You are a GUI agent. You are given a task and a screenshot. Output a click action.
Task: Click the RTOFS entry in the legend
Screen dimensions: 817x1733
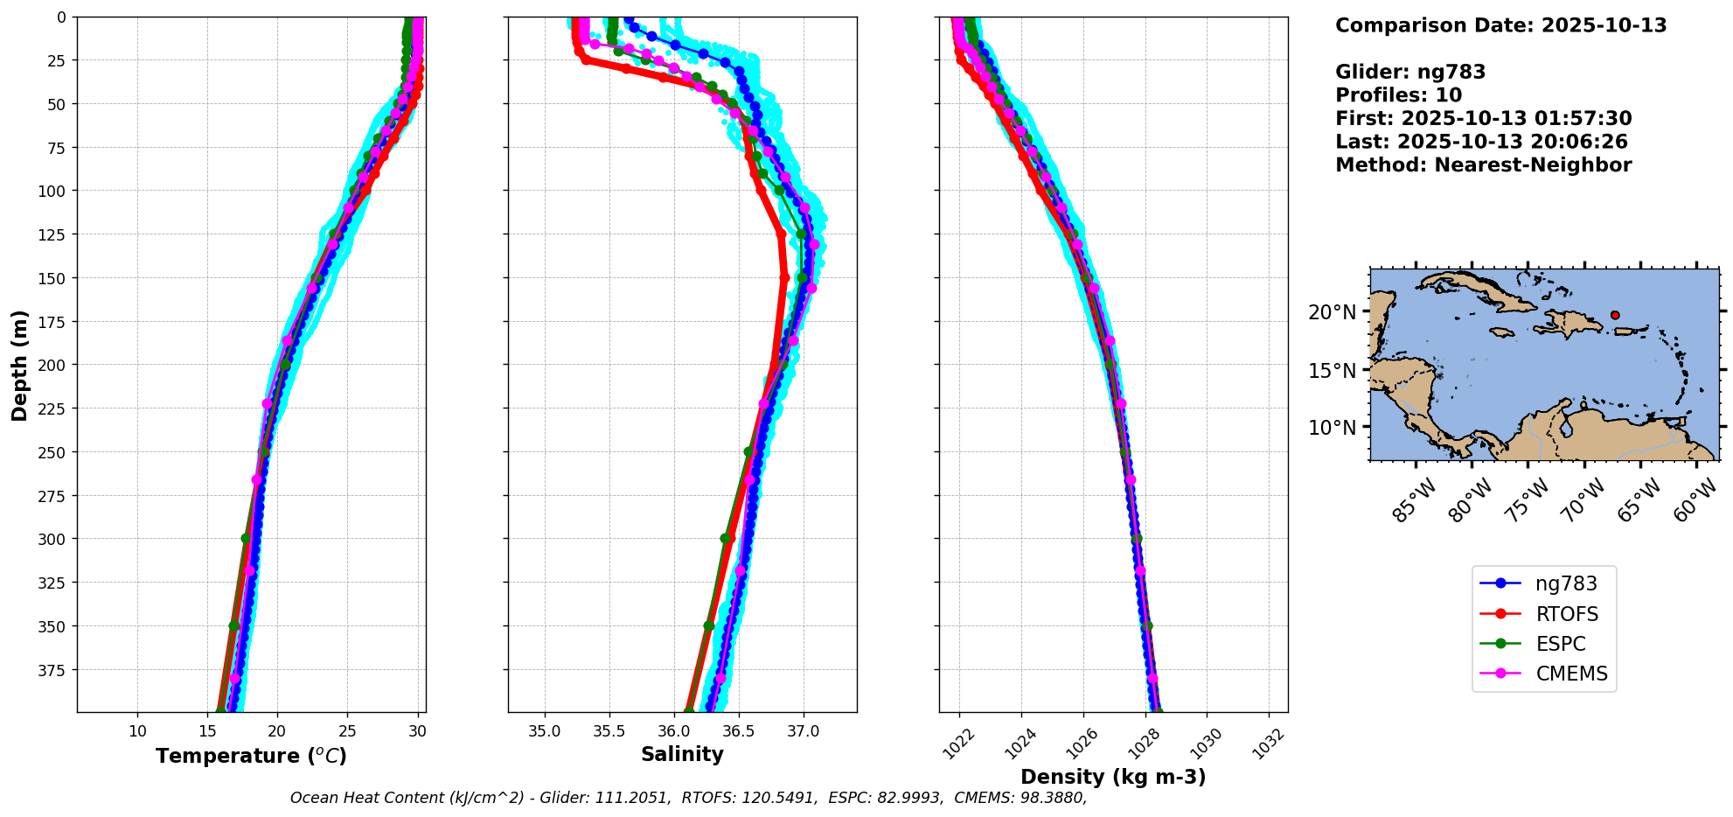point(1566,614)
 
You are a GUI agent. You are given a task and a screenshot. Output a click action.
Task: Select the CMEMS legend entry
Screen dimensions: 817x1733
point(1571,674)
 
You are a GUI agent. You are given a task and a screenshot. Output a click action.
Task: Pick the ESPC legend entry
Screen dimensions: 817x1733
point(1560,644)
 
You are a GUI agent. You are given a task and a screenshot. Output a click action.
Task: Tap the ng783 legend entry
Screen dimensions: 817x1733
point(1565,584)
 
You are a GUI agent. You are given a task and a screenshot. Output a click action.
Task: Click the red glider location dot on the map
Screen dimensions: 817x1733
point(1615,315)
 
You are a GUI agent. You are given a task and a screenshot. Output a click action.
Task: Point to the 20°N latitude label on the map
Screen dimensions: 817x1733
point(1333,312)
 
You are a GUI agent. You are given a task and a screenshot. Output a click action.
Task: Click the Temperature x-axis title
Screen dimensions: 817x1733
point(251,756)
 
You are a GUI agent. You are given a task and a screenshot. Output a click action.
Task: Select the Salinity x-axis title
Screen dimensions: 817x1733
point(682,754)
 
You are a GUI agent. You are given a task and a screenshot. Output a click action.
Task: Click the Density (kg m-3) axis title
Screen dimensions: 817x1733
point(1113,777)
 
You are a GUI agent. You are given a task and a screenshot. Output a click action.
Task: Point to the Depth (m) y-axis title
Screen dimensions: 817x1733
point(20,365)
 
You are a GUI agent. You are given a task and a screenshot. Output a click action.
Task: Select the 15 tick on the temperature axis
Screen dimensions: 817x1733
point(207,731)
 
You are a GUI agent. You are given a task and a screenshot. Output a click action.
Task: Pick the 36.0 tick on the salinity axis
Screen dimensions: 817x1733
point(673,731)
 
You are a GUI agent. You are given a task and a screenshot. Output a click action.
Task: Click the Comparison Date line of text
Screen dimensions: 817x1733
point(1500,25)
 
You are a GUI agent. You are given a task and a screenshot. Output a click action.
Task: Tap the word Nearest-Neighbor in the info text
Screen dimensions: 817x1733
point(1533,165)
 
